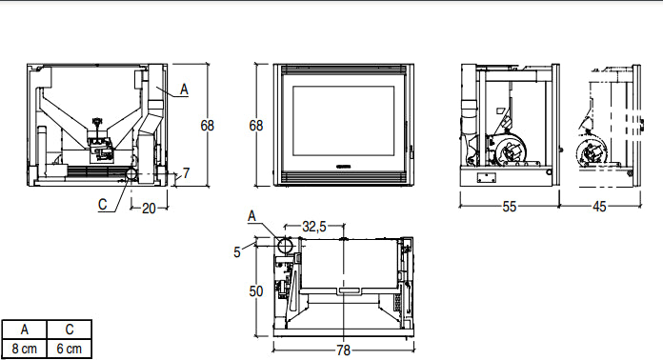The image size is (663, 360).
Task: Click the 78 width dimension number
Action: [343, 350]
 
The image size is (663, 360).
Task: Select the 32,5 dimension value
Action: [314, 227]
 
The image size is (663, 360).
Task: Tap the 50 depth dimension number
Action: [255, 291]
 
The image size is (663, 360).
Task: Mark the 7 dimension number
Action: [187, 173]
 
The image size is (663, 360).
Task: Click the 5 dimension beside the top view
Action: [237, 251]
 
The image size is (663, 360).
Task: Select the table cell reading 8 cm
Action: [25, 348]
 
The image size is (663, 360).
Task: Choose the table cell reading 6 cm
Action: [71, 348]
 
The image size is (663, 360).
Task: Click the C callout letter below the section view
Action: [102, 203]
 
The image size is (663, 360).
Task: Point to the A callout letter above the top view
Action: [251, 214]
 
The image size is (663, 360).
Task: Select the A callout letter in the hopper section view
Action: [185, 89]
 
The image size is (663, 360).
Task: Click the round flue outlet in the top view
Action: [285, 246]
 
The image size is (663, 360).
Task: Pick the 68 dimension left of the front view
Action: [255, 125]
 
